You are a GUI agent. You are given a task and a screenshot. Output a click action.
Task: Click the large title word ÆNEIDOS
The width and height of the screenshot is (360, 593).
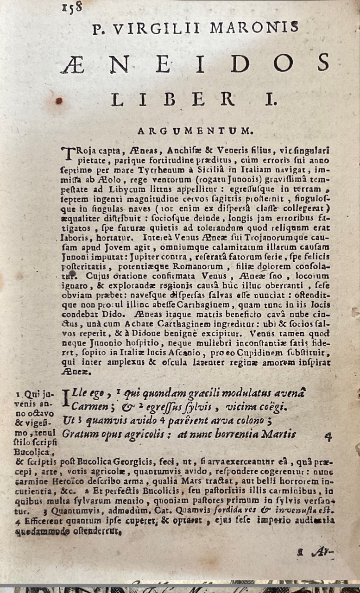[x=195, y=63]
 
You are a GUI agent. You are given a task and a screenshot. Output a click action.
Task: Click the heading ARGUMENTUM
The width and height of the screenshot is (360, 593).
[x=194, y=131]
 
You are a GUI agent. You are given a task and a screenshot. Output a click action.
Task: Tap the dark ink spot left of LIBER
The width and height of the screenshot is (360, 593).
[x=59, y=100]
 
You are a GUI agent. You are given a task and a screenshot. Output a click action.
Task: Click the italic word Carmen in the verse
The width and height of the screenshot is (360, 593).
[x=87, y=408]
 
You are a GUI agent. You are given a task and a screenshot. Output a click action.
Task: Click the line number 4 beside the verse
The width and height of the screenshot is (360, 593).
[x=328, y=436]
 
